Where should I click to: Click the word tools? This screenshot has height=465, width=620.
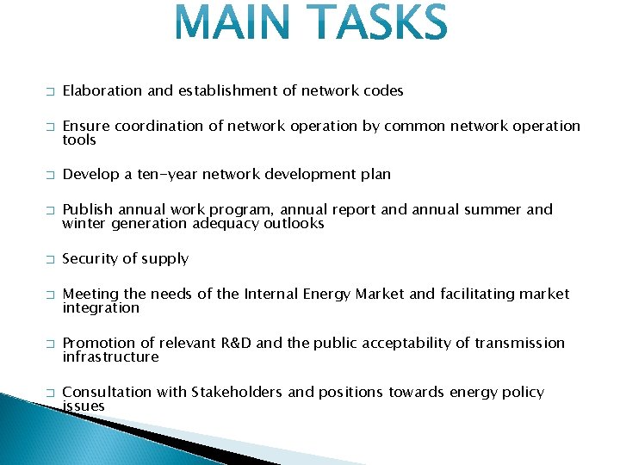[79, 139]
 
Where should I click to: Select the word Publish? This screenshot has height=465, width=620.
[87, 209]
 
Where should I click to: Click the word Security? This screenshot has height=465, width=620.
[90, 258]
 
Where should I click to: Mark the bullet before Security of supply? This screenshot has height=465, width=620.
[50, 259]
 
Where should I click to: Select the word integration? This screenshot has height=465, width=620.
[101, 307]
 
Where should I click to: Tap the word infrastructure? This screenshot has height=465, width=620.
[110, 356]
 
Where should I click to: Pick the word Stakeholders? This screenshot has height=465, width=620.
[237, 392]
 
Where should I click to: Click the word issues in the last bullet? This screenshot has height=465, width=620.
[84, 406]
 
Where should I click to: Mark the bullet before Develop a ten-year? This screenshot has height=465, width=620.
[50, 175]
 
